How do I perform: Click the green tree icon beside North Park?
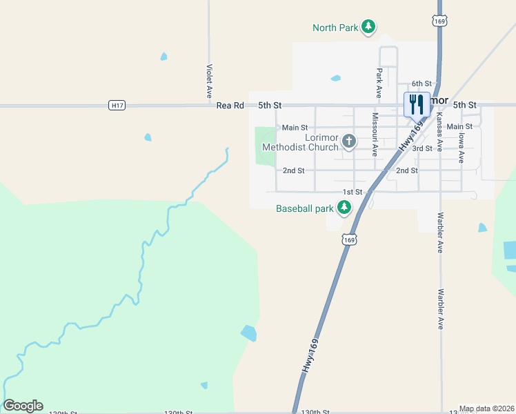coord(369,27)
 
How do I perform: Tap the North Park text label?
coord(335,28)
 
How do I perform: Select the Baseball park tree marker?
coord(344,208)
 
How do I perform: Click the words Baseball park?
coord(305,208)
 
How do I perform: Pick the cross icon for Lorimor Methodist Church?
coord(349,141)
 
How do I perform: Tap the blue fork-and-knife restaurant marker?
coord(416,105)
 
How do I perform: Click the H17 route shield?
coord(117,105)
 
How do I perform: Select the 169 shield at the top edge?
coord(439,21)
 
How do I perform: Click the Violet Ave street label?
coord(208,81)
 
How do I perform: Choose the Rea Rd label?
coord(230,106)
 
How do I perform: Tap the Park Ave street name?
coord(379,82)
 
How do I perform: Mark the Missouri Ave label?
coord(375,135)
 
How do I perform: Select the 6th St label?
coord(421,83)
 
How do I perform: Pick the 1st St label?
coord(353,192)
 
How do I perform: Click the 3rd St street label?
coord(422,148)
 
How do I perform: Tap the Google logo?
coord(23,406)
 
